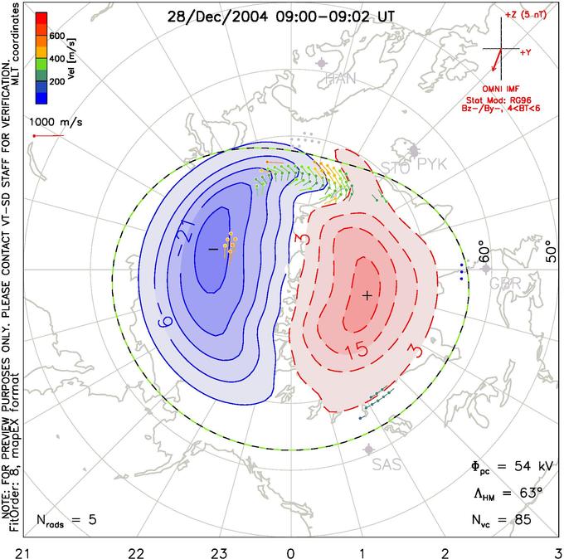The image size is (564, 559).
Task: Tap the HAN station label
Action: coord(340,79)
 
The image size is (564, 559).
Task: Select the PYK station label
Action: coord(431,165)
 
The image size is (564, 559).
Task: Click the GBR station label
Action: coord(506,283)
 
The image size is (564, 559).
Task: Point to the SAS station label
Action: coord(387,464)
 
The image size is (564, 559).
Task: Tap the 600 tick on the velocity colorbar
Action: coord(56,36)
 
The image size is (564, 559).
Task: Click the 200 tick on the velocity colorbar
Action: coord(56,83)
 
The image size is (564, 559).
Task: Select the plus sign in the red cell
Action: coord(367,294)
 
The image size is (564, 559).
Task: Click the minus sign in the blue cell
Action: coord(212,249)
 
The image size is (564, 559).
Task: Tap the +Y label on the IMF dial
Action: coord(525,52)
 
